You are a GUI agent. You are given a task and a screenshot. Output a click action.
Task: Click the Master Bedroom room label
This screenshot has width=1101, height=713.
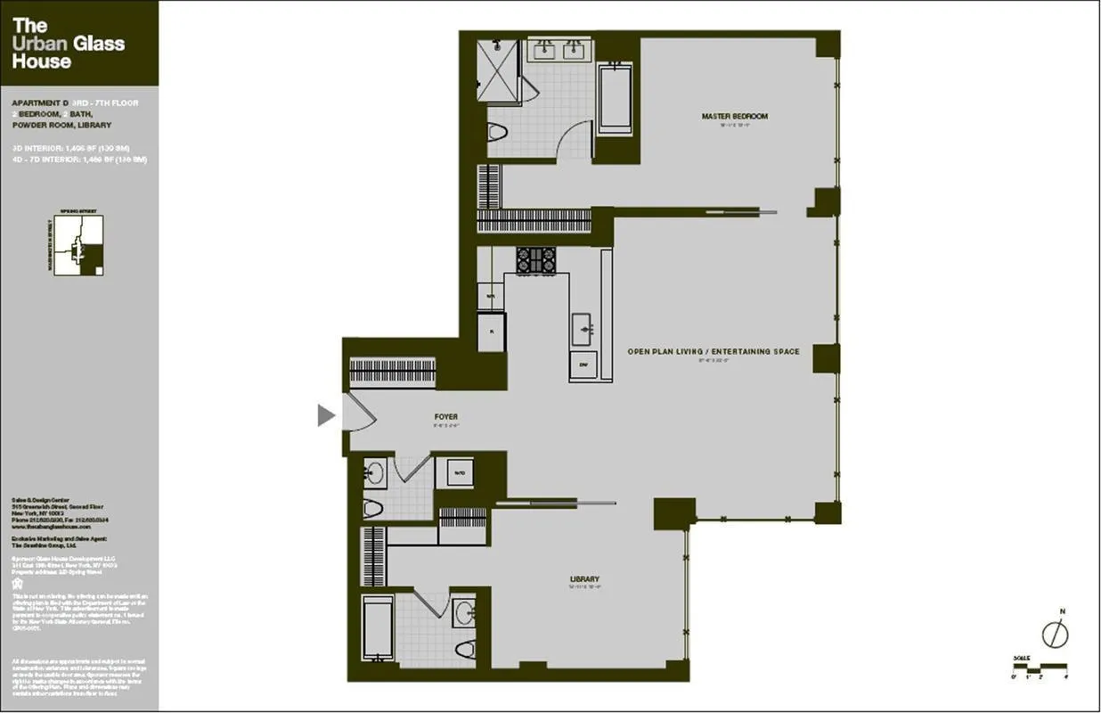[x=734, y=117]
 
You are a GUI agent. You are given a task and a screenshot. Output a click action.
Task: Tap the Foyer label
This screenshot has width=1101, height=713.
[x=446, y=417]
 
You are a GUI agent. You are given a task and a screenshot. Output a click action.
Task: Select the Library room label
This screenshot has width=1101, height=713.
[x=584, y=579]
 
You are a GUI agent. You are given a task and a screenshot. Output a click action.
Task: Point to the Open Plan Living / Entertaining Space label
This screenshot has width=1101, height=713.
[x=713, y=352]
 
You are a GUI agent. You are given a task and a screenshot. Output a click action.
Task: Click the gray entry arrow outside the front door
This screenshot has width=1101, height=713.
[x=326, y=414]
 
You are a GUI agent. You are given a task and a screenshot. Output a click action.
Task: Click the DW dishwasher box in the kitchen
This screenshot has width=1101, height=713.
[x=584, y=365]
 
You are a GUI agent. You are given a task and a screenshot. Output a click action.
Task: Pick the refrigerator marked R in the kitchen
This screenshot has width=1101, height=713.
[x=491, y=332]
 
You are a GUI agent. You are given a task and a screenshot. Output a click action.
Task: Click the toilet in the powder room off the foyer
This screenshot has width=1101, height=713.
[x=372, y=509]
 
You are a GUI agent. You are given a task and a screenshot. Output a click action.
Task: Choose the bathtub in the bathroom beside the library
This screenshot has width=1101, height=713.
[x=379, y=628]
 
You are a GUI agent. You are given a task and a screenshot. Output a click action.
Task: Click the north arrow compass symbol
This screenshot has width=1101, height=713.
[x=1055, y=633]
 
